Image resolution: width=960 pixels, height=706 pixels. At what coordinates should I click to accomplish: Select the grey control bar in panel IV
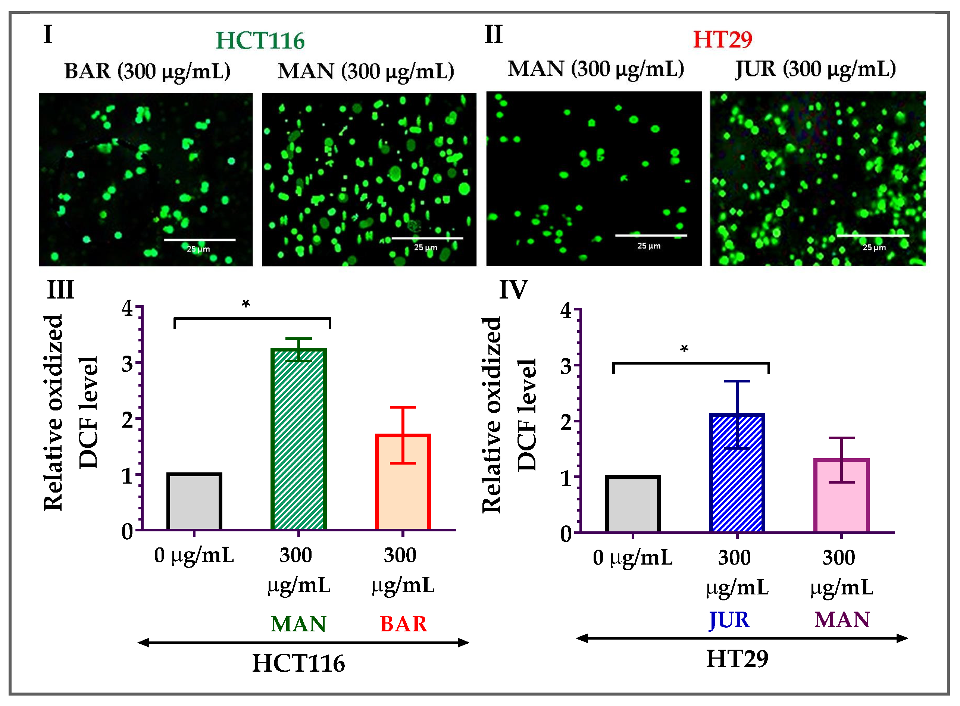(x=632, y=504)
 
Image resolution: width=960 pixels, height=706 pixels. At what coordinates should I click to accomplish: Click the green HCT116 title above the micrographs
(x=260, y=41)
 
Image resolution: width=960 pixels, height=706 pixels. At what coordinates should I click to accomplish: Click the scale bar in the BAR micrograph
(x=200, y=240)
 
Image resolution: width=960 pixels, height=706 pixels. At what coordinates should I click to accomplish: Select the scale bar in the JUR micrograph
(x=873, y=235)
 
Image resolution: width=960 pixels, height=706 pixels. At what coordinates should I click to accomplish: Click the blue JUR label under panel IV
(x=729, y=620)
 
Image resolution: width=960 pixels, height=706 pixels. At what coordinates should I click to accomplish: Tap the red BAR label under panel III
(x=403, y=624)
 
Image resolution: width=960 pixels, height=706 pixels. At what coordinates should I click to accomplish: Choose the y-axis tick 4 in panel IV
(x=566, y=311)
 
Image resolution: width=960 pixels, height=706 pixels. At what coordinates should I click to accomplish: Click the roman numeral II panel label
(x=494, y=34)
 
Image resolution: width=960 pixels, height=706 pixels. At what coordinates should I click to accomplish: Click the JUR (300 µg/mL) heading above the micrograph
(x=815, y=69)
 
